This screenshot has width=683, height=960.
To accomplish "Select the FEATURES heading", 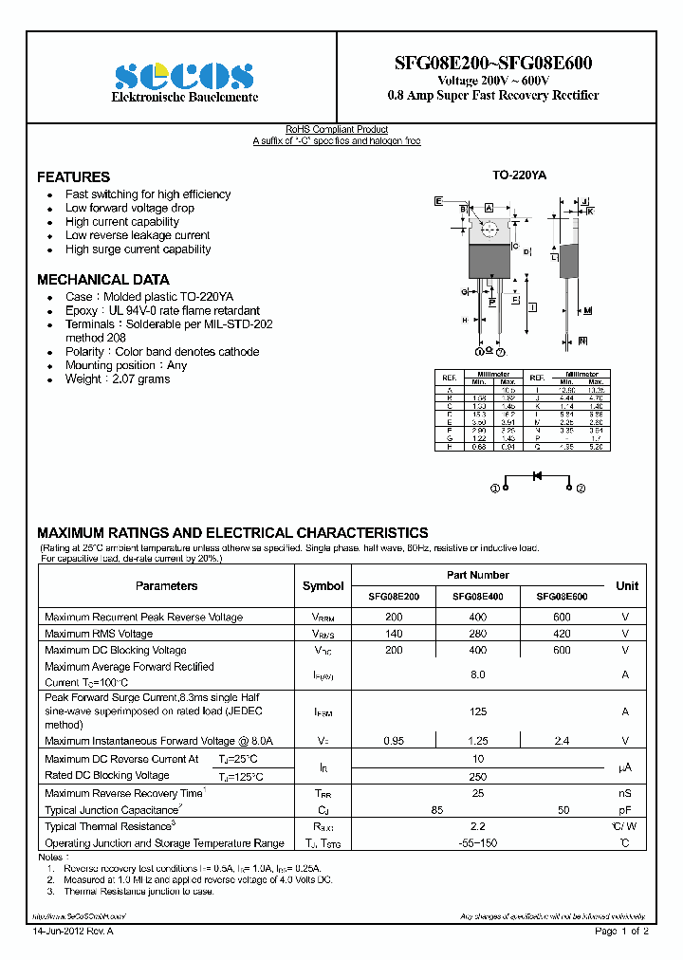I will [73, 177].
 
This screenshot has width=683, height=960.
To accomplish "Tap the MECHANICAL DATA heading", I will [102, 280].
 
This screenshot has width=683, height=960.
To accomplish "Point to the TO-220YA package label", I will [519, 175].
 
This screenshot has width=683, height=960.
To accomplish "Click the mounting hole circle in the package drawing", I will [490, 229].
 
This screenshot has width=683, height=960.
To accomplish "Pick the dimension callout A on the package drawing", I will [489, 207].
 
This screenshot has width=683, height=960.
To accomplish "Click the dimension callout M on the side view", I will [587, 310].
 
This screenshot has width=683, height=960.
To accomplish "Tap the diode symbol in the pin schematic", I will [537, 475].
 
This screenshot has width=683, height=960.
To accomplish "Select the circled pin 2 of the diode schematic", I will [581, 488].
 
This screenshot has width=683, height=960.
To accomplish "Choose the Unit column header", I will [626, 586].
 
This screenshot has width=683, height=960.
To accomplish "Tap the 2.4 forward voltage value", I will [562, 741].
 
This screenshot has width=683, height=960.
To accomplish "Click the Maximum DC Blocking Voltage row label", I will [115, 651].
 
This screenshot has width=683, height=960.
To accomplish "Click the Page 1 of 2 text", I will [621, 932].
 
